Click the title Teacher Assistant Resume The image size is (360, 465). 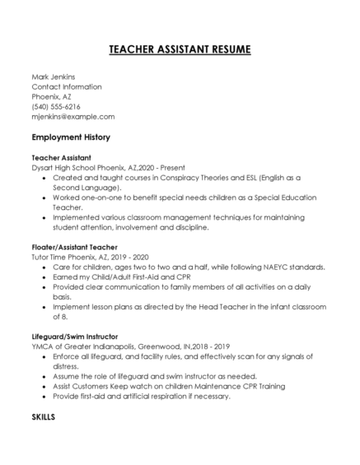pos(180,50)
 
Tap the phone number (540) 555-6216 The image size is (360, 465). pos(56,106)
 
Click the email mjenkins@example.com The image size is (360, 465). pos(72,116)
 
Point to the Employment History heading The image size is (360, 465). pos(71,137)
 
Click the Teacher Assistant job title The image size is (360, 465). pos(61,156)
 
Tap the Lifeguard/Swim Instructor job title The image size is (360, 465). pos(75,336)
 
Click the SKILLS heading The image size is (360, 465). pos(43,417)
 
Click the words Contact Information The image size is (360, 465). pos(67,86)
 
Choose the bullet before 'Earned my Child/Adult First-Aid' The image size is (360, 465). pos(43,277)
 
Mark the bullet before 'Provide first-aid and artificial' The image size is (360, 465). pos(43,396)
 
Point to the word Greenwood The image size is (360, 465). pos(166,346)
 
